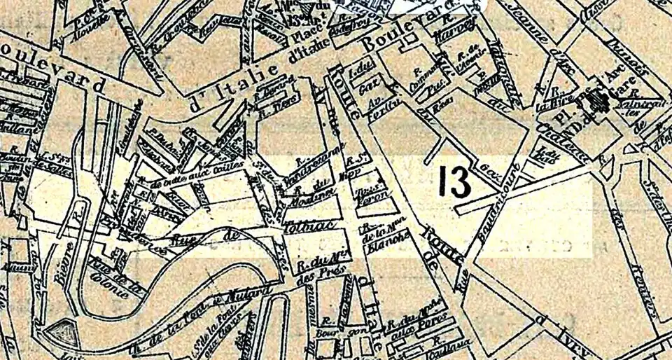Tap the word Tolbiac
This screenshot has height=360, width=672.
coord(301,228)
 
